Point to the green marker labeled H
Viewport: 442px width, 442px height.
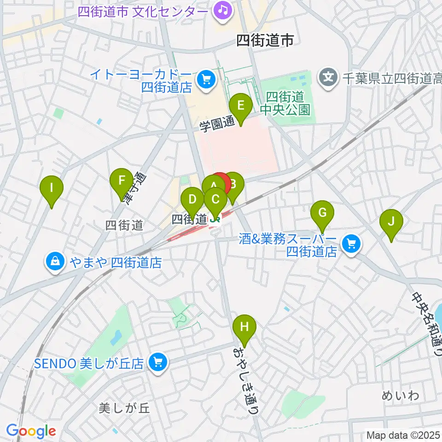[244, 328]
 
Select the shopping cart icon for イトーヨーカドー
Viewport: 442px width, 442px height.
[205, 80]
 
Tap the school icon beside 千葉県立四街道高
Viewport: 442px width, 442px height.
[328, 75]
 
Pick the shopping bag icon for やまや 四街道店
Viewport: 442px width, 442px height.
[55, 262]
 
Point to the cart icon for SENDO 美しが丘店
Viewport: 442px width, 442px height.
[158, 362]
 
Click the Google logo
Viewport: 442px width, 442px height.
[31, 431]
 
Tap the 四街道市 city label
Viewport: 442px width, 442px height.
[265, 41]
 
